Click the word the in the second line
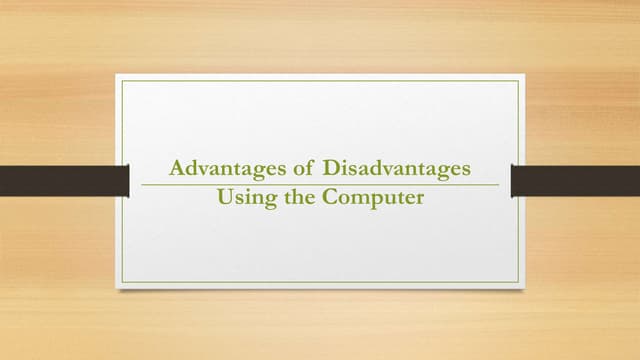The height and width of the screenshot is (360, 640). click(x=297, y=197)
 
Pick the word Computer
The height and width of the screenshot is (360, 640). click(x=373, y=198)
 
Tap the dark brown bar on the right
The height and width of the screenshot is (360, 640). click(x=575, y=180)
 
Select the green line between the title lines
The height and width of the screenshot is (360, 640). click(x=320, y=185)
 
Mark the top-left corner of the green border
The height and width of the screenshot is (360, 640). click(x=122, y=81)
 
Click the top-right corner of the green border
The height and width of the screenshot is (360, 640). click(x=518, y=81)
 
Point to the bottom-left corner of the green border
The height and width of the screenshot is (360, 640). click(x=122, y=281)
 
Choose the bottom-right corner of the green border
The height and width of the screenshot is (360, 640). click(x=518, y=281)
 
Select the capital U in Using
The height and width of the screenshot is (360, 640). click(x=225, y=197)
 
